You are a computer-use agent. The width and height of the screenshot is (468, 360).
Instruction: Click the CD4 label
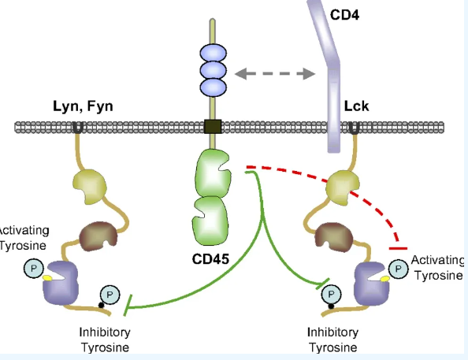345,15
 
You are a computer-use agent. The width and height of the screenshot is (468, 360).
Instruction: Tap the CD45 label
210,259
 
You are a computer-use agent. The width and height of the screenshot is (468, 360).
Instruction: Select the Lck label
356,106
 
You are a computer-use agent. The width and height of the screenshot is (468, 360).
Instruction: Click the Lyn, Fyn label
83,106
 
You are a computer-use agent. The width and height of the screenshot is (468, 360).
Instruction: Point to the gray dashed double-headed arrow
275,74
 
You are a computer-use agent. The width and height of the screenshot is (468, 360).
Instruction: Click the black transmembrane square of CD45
213,126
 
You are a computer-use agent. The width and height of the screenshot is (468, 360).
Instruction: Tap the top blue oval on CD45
213,54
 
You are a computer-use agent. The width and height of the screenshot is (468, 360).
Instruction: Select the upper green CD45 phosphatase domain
213,174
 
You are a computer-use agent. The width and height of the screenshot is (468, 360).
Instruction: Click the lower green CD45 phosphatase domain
210,221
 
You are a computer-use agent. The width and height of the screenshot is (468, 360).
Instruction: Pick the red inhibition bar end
398,248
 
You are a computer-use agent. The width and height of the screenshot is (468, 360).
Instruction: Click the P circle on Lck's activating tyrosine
398,269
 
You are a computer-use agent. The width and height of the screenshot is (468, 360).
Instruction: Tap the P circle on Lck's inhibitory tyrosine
331,295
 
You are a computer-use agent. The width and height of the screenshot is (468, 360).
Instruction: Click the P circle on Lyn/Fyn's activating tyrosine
34,269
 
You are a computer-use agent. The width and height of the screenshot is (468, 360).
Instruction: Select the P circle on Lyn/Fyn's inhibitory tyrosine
110,295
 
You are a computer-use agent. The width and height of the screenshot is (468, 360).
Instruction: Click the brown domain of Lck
334,237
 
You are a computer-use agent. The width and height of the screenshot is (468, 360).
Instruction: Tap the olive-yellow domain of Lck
343,187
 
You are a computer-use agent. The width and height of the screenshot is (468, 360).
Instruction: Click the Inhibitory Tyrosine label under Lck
332,340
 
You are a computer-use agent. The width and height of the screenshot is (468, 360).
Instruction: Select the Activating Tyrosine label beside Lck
437,268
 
